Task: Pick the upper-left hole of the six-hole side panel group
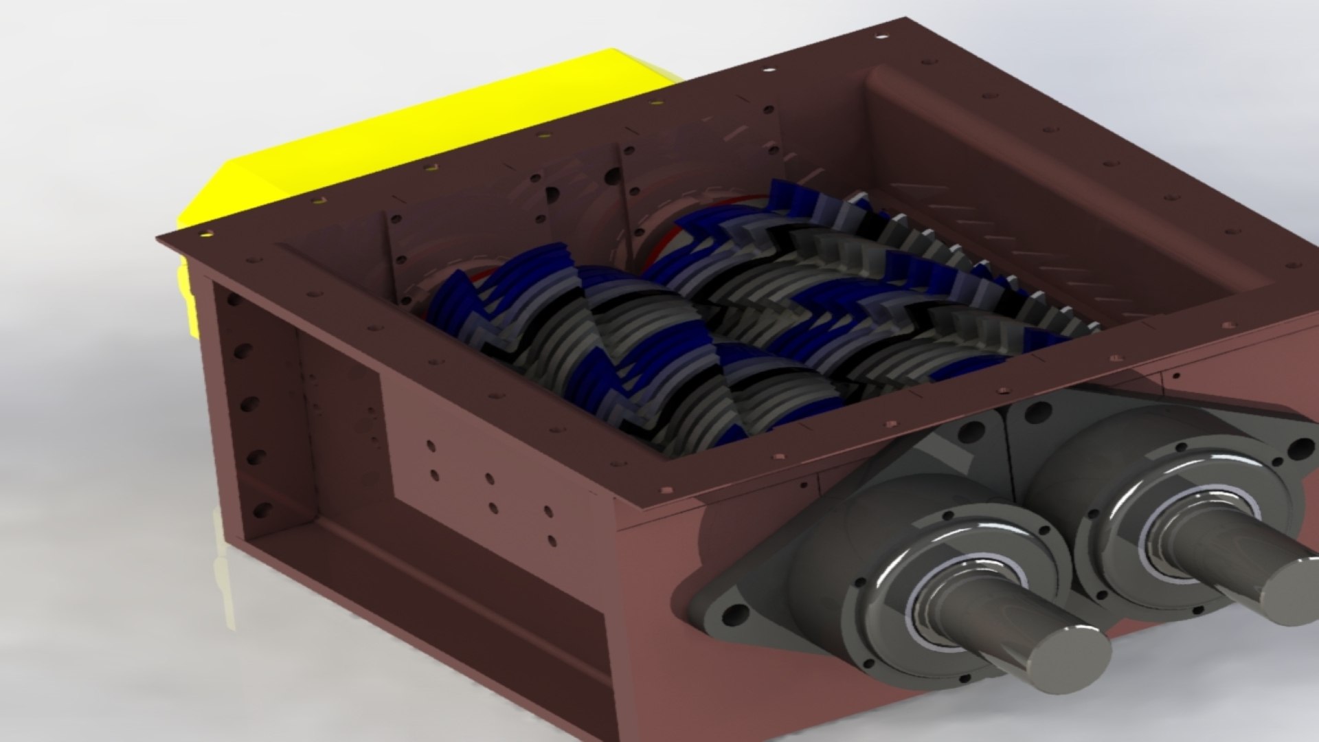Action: pyautogui.click(x=431, y=446)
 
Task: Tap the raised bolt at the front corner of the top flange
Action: pyautogui.click(x=666, y=488)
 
